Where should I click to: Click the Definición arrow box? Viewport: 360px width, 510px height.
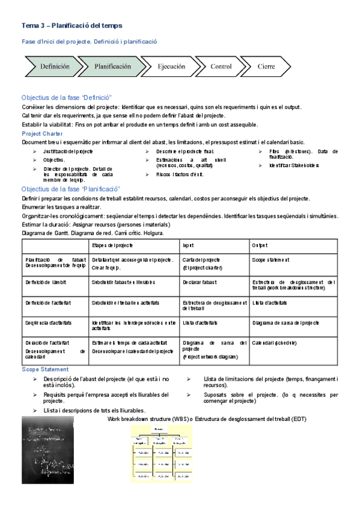click(53, 67)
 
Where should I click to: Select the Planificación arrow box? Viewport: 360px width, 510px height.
click(111, 67)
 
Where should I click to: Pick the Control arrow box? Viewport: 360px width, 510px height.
click(221, 67)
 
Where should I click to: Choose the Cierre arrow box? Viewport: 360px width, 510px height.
click(267, 67)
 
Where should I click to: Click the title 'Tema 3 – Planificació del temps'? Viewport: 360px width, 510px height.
click(72, 25)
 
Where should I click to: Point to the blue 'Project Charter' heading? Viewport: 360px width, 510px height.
click(42, 134)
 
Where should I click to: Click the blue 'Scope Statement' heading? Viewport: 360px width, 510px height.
click(44, 369)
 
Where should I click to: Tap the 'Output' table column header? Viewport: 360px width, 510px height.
click(260, 245)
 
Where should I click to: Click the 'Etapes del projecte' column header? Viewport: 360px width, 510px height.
click(112, 245)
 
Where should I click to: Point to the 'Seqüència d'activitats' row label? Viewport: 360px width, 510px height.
click(49, 322)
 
